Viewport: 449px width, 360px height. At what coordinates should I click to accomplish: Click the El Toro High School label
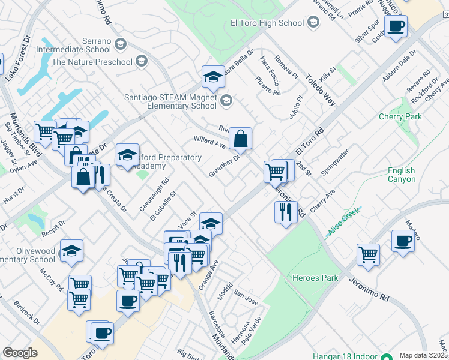tap(267, 23)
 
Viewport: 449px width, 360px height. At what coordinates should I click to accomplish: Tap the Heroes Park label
tap(315, 278)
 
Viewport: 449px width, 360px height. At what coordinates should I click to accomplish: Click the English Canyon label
tap(402, 175)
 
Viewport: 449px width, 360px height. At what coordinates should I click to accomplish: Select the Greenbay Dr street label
tap(224, 166)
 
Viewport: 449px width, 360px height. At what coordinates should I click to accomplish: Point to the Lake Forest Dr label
tap(17, 58)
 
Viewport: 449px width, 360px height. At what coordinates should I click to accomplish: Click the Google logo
tap(20, 352)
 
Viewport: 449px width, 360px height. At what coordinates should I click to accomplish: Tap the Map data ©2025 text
tap(423, 355)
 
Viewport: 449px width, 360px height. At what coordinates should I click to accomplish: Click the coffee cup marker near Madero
tap(403, 241)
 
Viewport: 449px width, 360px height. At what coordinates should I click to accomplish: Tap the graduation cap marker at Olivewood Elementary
tap(71, 251)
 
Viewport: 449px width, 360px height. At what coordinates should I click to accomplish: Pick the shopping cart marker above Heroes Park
tap(368, 254)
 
